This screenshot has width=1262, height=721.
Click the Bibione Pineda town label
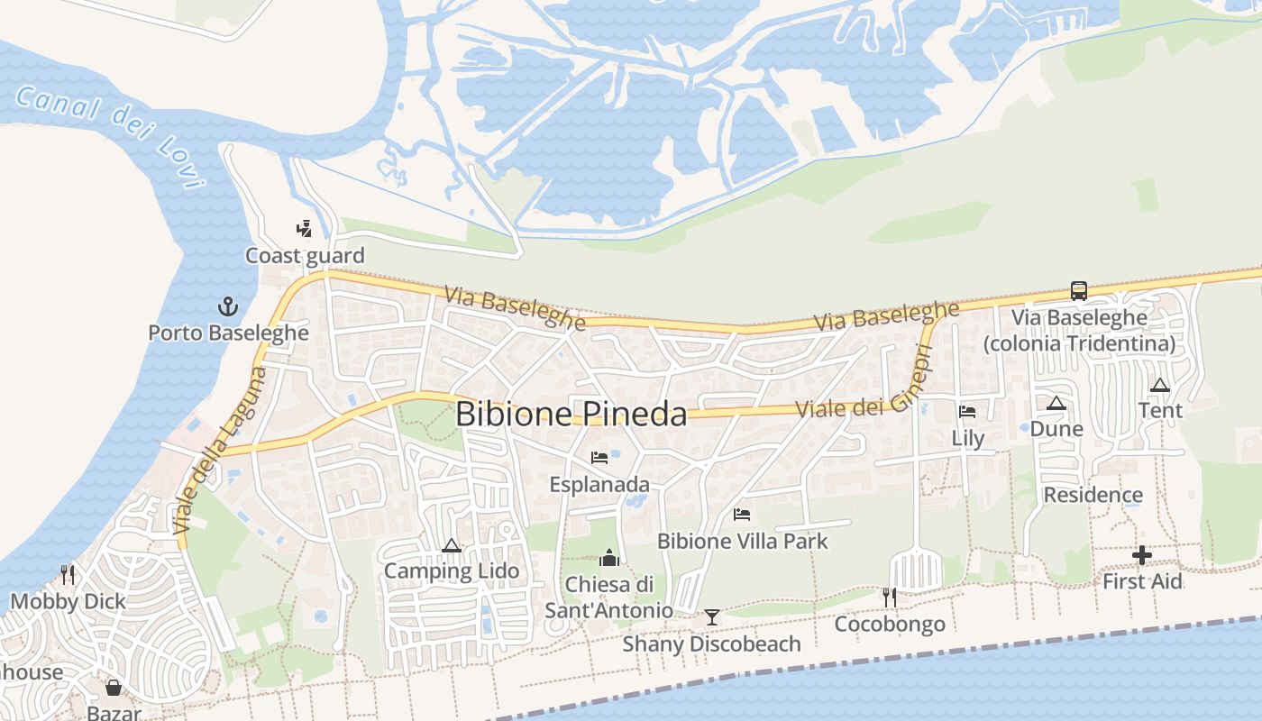coord(571,414)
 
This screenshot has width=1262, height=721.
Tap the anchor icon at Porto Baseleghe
coord(228,306)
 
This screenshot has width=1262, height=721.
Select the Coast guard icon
coord(305,229)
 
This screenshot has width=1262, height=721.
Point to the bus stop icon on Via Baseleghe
coord(1079,290)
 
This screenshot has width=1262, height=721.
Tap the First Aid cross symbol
coord(1142,555)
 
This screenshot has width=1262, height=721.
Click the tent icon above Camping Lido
coord(452,545)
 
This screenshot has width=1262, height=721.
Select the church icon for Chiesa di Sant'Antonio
coord(610,559)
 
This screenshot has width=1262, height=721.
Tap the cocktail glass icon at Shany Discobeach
coord(712,617)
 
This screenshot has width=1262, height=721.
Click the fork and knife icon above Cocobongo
coord(890,597)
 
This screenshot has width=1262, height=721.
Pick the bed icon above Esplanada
coord(599,458)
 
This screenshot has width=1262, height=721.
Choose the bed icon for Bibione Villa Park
coord(742,515)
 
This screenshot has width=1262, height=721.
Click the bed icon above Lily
coord(968,412)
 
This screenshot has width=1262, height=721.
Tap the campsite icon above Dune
coord(1056,403)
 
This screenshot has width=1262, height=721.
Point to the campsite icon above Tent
coord(1160,385)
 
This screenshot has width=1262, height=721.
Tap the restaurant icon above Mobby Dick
coord(68,575)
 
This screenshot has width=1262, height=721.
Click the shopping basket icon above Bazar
coord(114,689)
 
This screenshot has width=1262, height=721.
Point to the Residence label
coord(1093,495)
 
